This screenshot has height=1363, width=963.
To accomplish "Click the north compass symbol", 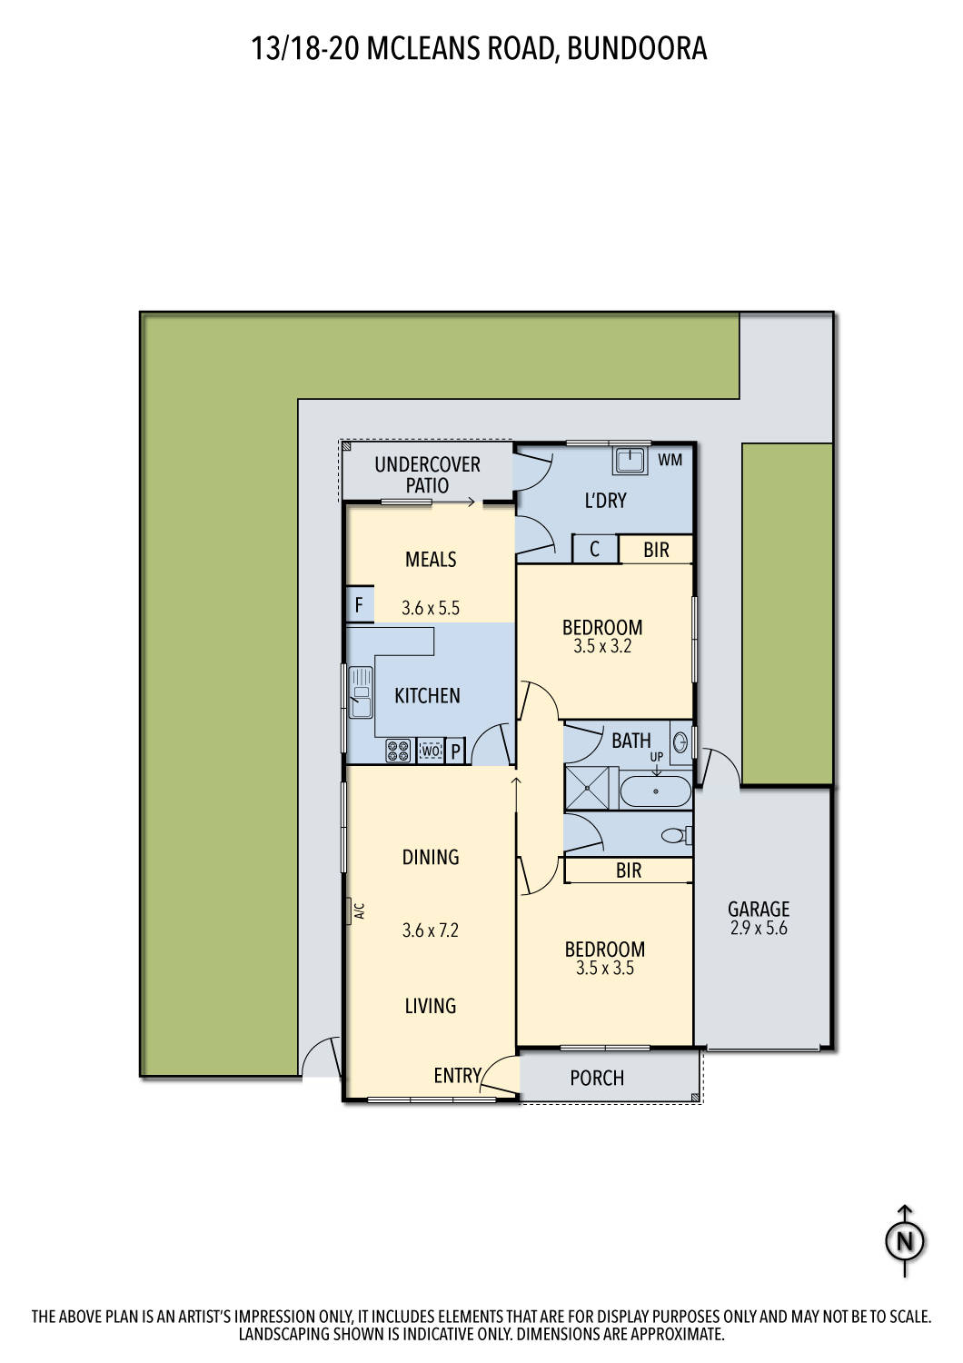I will pos(905,1240).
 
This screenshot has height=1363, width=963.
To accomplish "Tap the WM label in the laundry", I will pos(670,460).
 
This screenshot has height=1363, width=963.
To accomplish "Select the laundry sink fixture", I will pos(630,460).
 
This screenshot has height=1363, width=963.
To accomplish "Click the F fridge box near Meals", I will pos(359,605).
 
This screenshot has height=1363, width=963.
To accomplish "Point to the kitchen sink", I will pos(361,692).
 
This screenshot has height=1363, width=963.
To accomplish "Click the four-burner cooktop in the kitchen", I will pos(398,751).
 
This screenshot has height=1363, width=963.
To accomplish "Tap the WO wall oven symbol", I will pos(431,751).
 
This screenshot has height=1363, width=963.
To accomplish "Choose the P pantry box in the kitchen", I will pos(456,751).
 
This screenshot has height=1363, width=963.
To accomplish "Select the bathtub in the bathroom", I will pos(655,791).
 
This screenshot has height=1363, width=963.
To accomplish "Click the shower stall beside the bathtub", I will pos(591,788).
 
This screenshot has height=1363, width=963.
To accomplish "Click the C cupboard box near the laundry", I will pos(594,549).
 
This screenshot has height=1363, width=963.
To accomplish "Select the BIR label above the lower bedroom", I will pos(629,871).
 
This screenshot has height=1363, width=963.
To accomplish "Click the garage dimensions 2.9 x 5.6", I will pos(758,929).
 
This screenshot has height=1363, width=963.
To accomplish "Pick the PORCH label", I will pos(597,1078).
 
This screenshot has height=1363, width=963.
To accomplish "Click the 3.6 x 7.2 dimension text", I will pos(430,930).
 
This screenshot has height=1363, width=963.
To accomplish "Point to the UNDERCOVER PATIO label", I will pos(427,474).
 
